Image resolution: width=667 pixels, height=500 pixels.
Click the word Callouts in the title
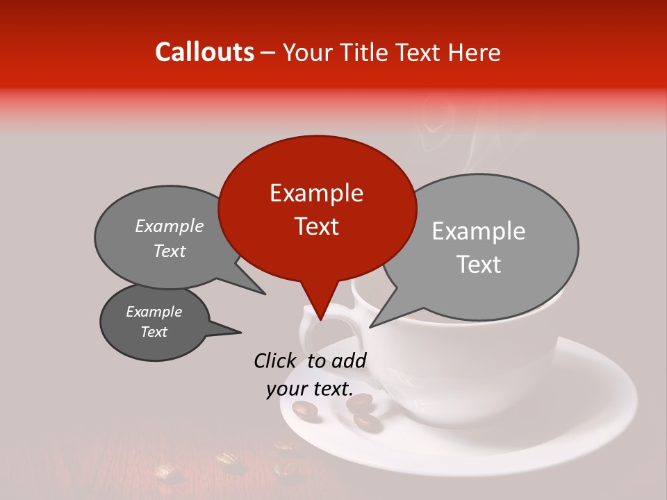[x=204, y=52]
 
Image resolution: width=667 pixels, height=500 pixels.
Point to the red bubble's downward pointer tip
[x=320, y=320]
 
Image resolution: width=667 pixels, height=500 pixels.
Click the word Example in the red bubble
[x=316, y=193]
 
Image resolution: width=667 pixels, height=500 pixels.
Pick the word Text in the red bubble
[x=316, y=226]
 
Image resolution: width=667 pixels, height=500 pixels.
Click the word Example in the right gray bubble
[x=479, y=231]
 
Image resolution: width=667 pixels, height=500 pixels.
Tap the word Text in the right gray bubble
[x=479, y=265]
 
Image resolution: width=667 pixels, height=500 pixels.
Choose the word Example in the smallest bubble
[x=154, y=312]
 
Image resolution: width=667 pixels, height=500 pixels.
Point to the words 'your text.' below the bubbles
[x=310, y=389]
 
